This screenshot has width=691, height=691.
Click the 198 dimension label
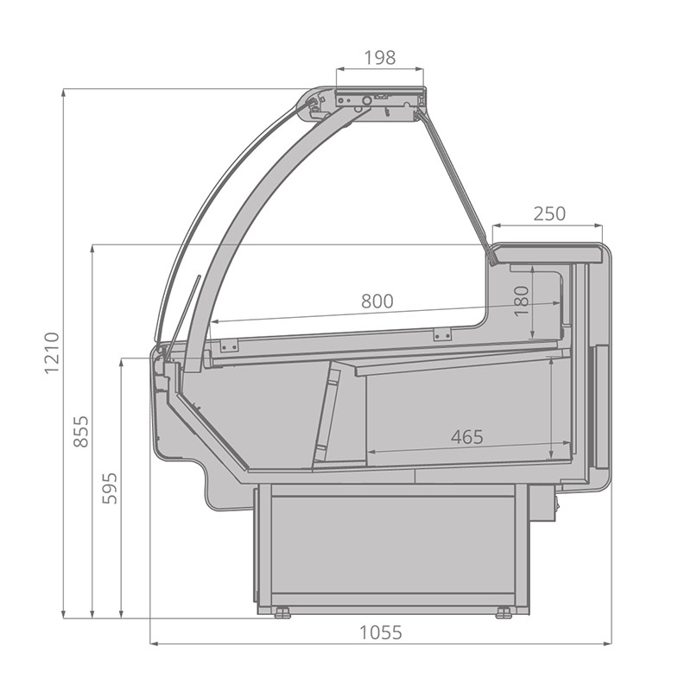(380, 57)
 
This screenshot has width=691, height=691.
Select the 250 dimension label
(549, 213)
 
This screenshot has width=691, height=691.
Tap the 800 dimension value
(377, 301)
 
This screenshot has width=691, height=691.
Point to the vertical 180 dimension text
(522, 301)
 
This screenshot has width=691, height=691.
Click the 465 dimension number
(467, 437)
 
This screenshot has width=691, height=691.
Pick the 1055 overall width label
(381, 632)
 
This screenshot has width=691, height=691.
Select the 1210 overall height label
(52, 353)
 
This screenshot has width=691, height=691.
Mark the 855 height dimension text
(81, 431)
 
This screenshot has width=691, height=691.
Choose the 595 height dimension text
(110, 488)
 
